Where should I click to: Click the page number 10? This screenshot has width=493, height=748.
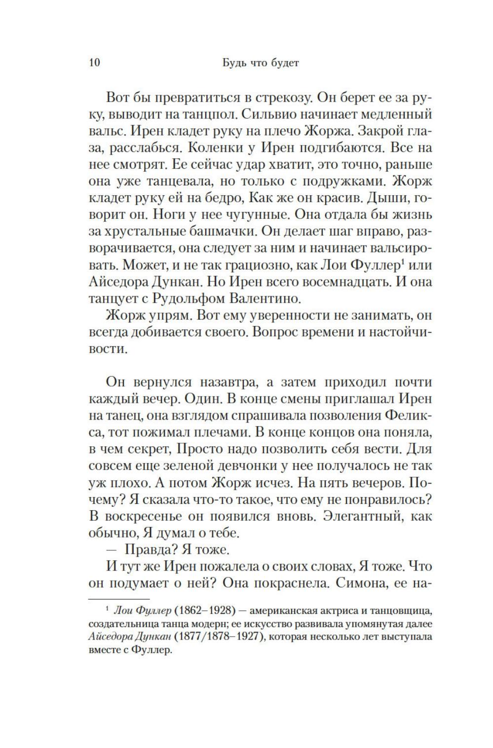tap(94, 63)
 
